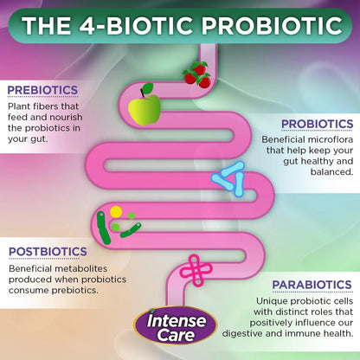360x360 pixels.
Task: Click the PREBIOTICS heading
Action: tap(42, 90)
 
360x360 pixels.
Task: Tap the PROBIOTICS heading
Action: tap(318, 124)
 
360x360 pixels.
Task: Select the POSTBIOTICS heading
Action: tap(48, 252)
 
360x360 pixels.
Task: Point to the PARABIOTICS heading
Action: tap(312, 285)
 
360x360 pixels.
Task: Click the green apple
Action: tap(145, 110)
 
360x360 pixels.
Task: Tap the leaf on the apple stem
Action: tap(147, 88)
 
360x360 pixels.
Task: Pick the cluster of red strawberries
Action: tap(197, 74)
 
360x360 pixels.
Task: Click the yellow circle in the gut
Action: tap(116, 212)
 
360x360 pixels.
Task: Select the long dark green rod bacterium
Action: tap(103, 228)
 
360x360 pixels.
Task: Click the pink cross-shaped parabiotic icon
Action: tap(196, 270)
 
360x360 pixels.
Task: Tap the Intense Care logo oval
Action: tap(176, 325)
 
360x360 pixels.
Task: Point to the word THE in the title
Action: tap(47, 25)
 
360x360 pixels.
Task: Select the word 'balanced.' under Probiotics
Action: tap(331, 172)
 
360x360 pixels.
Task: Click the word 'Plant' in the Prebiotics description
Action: tap(18, 106)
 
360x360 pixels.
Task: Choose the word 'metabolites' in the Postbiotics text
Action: tap(81, 268)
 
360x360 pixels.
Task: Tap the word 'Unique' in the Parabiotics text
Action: tap(272, 301)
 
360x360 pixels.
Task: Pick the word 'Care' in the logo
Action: tap(176, 335)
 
